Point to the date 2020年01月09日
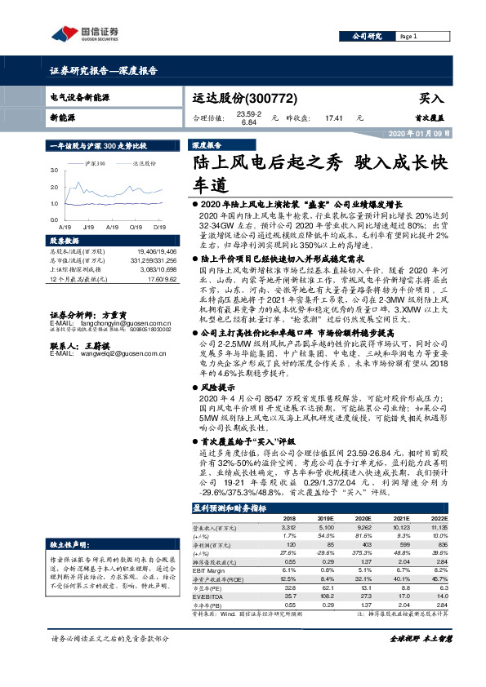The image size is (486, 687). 417,133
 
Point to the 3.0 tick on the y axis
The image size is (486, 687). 53,171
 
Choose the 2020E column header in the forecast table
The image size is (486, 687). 362,518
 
